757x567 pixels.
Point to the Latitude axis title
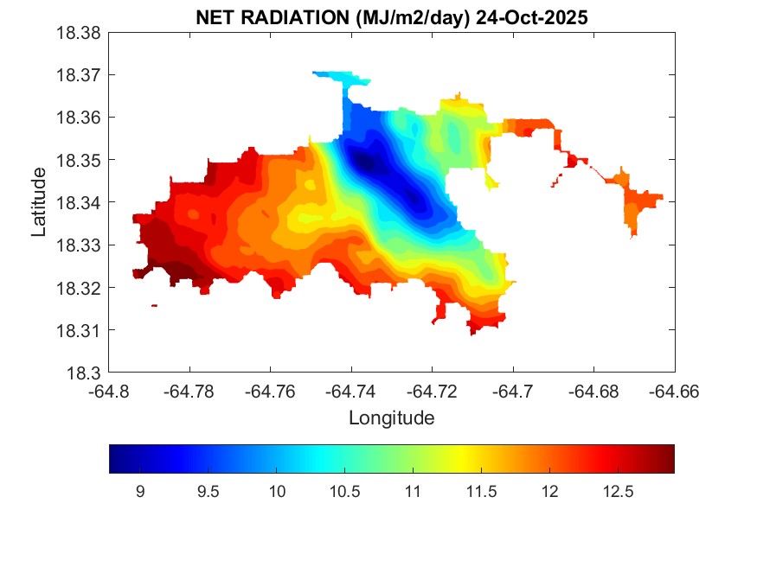coord(39,202)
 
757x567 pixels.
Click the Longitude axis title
coord(391,418)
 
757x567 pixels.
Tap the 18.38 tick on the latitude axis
coord(80,33)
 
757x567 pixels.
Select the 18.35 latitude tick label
coord(80,161)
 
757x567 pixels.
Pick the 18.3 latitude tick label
coord(87,373)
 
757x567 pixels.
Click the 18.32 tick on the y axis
coord(80,288)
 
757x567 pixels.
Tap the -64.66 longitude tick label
coord(675,392)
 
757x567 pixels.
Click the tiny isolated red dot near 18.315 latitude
coord(154,305)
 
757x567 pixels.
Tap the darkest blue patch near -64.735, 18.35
coord(363,161)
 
